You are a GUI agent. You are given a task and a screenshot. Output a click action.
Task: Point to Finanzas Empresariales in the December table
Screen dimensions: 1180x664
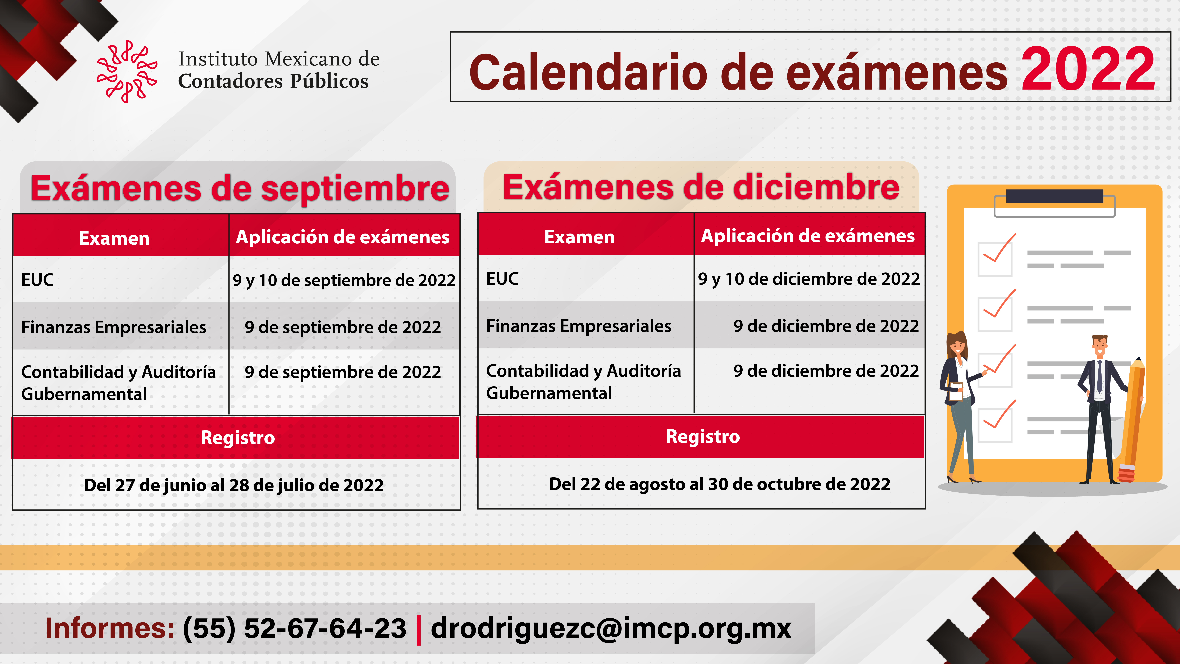pyautogui.click(x=579, y=326)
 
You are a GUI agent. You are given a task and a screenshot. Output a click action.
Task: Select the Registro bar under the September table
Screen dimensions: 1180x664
pyautogui.click(x=236, y=438)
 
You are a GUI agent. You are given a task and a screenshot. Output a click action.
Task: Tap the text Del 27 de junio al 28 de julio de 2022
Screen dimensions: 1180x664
pyautogui.click(x=234, y=485)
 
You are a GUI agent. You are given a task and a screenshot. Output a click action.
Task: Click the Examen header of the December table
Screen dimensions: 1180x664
pyautogui.click(x=579, y=237)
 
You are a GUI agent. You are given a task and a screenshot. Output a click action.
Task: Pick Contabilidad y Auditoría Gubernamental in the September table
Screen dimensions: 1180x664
pyautogui.click(x=118, y=383)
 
